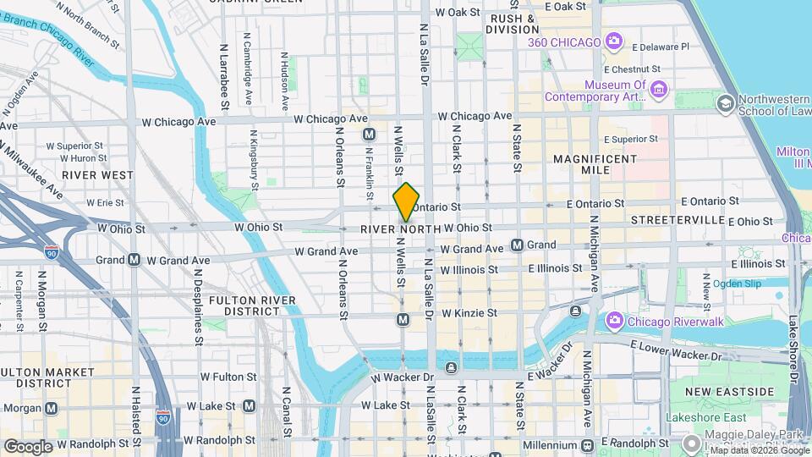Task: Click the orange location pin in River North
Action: point(407,201)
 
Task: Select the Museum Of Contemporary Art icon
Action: point(660,88)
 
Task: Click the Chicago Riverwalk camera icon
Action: point(615,321)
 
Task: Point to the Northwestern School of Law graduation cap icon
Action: point(725,103)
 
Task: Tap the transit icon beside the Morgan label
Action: point(52,408)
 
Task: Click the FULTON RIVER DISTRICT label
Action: point(252,306)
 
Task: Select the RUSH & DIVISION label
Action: point(513,24)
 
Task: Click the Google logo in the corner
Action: point(28,446)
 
